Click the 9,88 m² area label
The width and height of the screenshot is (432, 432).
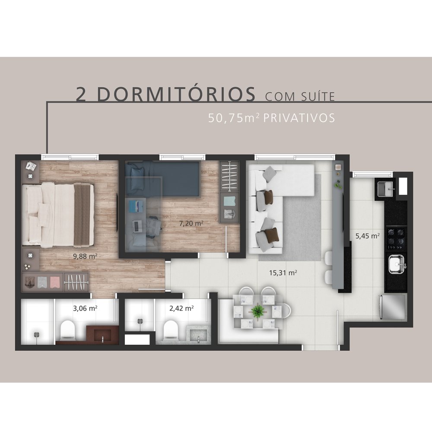[x=85, y=256]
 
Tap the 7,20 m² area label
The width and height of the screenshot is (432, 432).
[x=191, y=223]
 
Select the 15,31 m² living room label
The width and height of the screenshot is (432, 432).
[x=283, y=273]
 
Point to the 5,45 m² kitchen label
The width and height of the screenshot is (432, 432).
[x=368, y=236]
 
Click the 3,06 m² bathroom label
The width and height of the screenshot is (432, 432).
[x=85, y=308]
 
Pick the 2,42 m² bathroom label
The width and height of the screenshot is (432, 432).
[x=181, y=308]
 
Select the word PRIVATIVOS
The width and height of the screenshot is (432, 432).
[x=299, y=118]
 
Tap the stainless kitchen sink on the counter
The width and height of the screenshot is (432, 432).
[x=397, y=264]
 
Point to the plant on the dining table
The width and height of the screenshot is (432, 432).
[x=258, y=311]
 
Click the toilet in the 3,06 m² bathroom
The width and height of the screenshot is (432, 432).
[x=67, y=329]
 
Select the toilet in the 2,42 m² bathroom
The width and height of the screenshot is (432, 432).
[x=171, y=329]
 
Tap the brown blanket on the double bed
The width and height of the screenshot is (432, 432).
[x=82, y=215]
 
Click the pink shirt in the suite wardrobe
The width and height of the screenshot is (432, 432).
[x=55, y=282]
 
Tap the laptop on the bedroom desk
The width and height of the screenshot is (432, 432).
[x=137, y=226]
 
